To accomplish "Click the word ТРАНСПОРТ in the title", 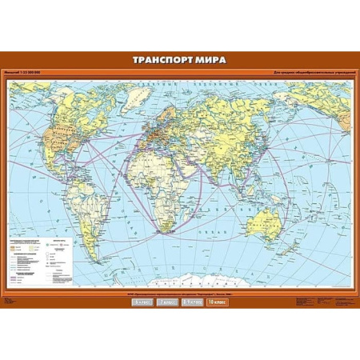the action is coord(165,59).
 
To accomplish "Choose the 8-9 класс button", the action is coord(192,304).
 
